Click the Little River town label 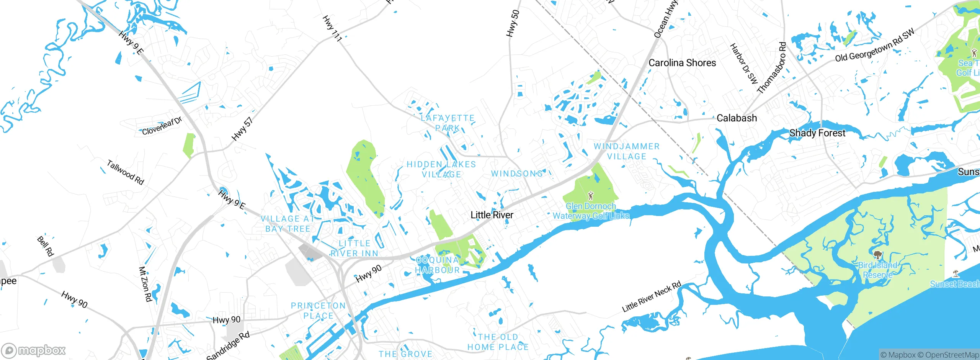pos(492,215)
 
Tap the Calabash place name pos(737,118)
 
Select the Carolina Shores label pos(682,63)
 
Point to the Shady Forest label pos(817,133)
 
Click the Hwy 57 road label pos(242,129)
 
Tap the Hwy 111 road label pos(332,28)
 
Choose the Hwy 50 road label pos(513,23)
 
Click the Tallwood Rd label pos(125,172)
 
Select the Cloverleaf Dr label pos(162,126)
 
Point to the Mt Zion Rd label pos(145,284)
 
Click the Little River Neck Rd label pos(651,296)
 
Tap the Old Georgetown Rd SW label pos(874,45)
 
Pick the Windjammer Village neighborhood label pos(627,151)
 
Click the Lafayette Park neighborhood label pos(448,123)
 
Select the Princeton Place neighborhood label pos(318,311)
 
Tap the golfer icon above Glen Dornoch pos(591,196)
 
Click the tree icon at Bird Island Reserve pos(877,255)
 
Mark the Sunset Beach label pos(955,284)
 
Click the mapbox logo pos(34,350)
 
